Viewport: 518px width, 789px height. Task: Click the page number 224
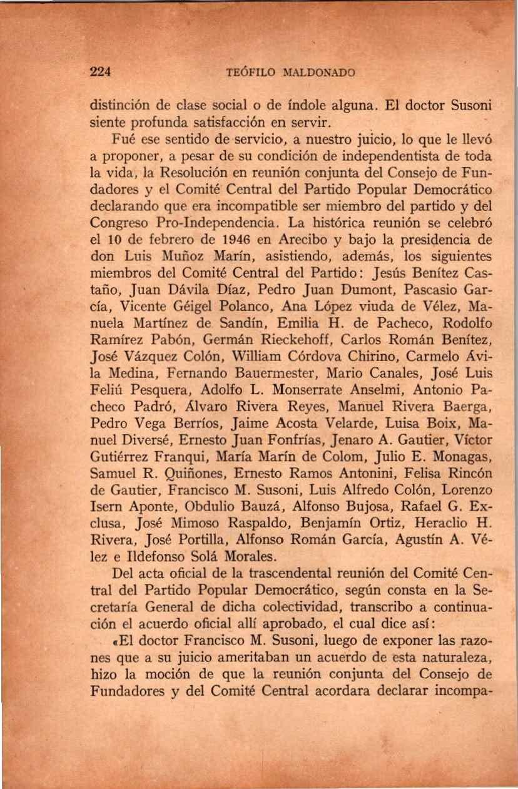(101, 71)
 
